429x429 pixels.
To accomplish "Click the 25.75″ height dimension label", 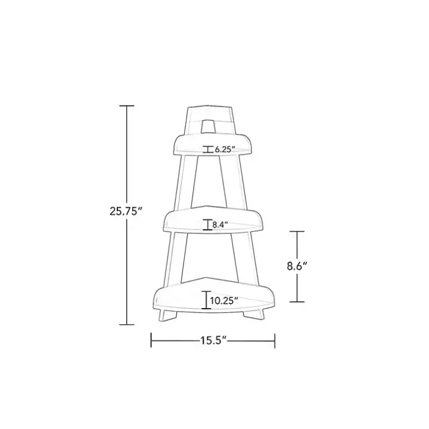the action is tap(126, 212).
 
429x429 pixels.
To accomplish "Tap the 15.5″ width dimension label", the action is tap(213, 341).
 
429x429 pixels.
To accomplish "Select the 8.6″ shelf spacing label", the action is tap(297, 266).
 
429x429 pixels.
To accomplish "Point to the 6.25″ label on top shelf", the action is tap(225, 150).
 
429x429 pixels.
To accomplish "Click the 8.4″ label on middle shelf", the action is tap(220, 225).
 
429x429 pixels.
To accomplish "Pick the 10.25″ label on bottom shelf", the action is tap(223, 301).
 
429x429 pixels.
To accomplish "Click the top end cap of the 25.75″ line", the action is tap(127, 105).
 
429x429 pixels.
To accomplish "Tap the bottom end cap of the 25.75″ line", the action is tap(127, 325).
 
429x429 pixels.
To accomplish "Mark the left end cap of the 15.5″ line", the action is tap(151, 340).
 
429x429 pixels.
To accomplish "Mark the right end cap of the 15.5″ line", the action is tap(275, 340).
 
